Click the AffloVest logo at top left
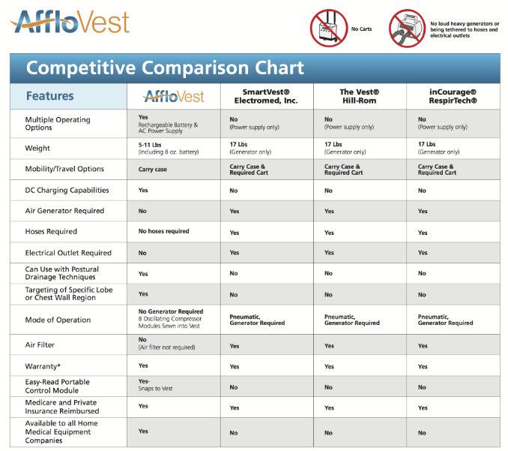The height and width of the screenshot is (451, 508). click(70, 22)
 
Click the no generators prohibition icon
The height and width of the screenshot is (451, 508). click(407, 29)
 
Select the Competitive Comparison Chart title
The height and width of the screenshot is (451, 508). click(165, 68)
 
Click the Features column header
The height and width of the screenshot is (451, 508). click(49, 96)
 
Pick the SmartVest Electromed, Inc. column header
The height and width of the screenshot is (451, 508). click(265, 96)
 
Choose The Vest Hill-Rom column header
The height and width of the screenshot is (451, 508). click(359, 96)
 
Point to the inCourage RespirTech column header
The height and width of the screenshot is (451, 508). click(453, 96)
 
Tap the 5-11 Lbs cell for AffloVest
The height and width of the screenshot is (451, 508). click(166, 147)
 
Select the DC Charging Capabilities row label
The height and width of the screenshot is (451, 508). click(67, 191)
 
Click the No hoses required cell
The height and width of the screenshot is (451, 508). click(163, 231)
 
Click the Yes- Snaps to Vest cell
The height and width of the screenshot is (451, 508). click(156, 384)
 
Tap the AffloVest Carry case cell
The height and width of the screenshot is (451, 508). click(152, 170)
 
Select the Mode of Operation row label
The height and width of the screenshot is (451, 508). click(58, 320)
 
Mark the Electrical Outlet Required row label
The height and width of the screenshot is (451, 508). click(68, 253)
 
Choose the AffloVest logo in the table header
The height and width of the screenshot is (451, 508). click(174, 96)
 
